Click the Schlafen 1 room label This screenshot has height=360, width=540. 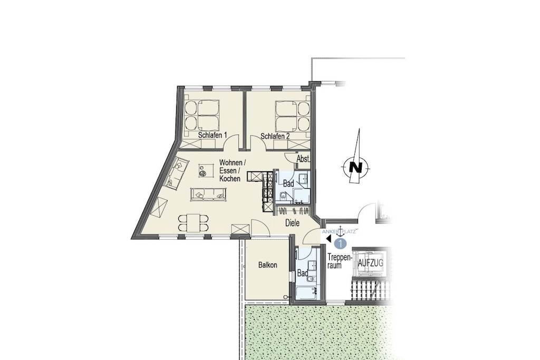click(212, 135)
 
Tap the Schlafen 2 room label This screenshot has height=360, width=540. click(275, 137)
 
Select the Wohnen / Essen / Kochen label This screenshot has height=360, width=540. click(232, 170)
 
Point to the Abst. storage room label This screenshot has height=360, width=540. click(303, 159)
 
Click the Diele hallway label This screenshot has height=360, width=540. click(292, 223)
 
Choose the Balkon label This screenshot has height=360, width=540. click(267, 265)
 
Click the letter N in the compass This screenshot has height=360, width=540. click(356, 168)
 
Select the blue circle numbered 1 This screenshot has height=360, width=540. click(340, 244)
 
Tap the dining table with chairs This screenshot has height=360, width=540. click(193, 222)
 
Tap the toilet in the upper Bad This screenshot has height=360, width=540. click(283, 196)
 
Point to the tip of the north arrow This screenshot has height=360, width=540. click(359, 129)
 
